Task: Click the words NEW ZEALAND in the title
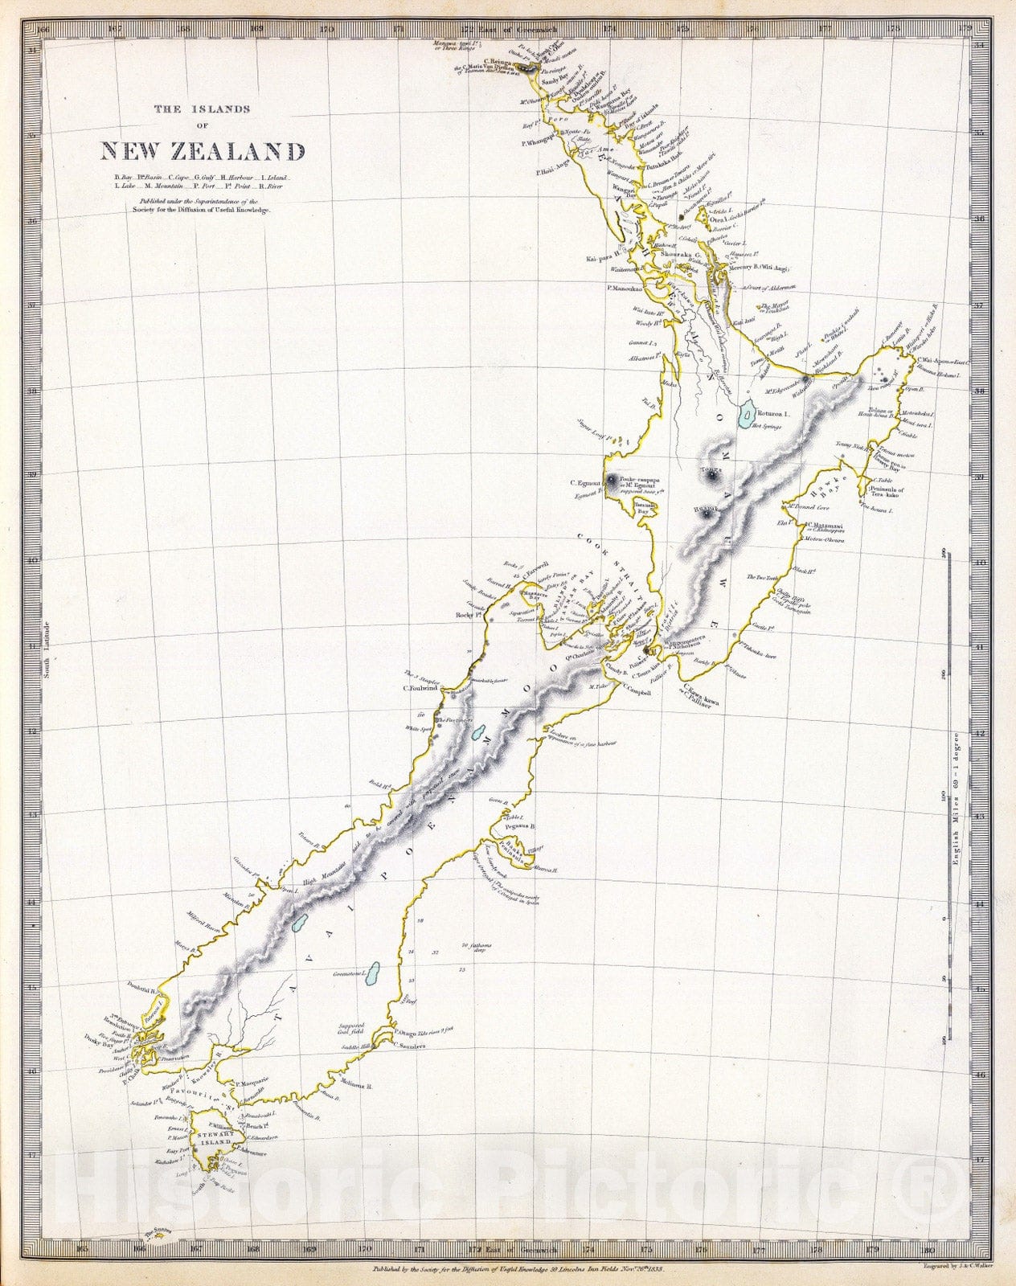coord(203,151)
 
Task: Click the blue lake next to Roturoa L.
coord(748,415)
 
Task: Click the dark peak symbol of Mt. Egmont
coord(613,481)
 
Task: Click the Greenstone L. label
coord(350,973)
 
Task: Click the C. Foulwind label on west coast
coord(418,687)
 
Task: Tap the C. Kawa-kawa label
coord(702,699)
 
